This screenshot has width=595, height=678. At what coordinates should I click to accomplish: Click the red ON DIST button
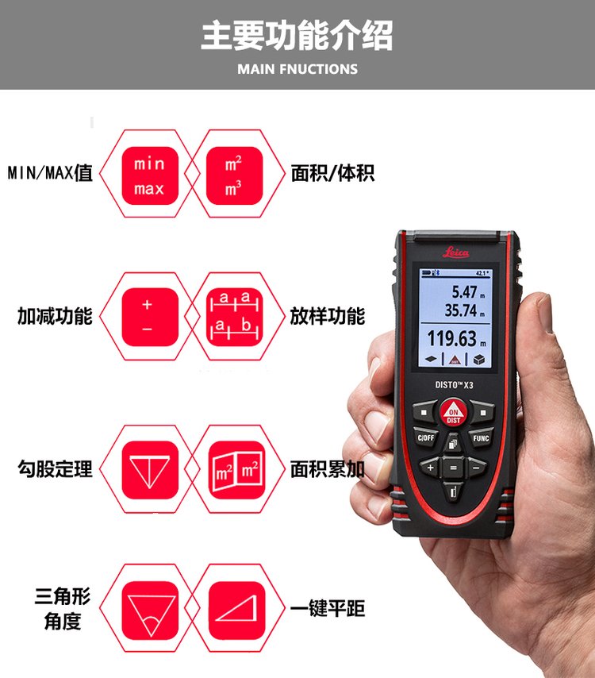click(x=453, y=413)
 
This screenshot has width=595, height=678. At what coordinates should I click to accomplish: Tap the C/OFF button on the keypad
click(x=425, y=438)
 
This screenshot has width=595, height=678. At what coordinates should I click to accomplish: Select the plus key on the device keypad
click(x=430, y=468)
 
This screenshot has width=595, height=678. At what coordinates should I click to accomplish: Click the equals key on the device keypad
click(x=453, y=467)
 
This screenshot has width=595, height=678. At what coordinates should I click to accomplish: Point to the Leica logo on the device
click(x=455, y=252)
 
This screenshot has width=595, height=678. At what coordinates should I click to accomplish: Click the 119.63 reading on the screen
click(x=451, y=338)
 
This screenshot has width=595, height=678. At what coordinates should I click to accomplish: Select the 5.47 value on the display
click(x=464, y=292)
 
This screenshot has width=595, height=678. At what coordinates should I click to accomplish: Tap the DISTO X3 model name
click(x=454, y=385)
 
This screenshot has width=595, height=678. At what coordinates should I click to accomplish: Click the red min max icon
click(x=149, y=175)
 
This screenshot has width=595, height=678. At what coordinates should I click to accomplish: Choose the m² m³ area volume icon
click(x=234, y=175)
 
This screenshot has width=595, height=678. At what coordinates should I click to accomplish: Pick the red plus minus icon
click(x=149, y=317)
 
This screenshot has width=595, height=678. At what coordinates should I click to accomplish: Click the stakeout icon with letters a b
click(x=234, y=317)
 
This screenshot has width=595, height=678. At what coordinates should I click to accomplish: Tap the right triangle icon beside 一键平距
click(x=236, y=610)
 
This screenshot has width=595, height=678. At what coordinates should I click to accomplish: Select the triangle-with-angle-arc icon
click(x=149, y=610)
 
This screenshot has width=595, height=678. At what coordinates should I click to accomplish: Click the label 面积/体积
click(x=332, y=173)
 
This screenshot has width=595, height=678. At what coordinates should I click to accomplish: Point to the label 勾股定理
click(x=55, y=469)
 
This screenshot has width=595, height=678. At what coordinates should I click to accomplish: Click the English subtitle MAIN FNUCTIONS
click(x=297, y=69)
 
